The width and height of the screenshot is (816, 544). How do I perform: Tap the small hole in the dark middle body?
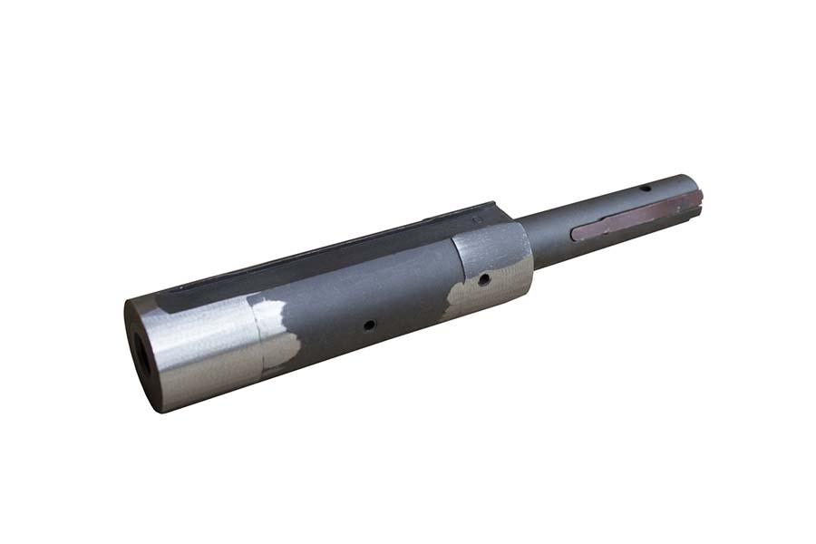369,324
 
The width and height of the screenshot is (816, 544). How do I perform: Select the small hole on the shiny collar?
485,279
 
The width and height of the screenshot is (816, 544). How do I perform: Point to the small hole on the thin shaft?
644,188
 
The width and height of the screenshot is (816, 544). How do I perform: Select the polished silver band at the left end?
209,349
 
